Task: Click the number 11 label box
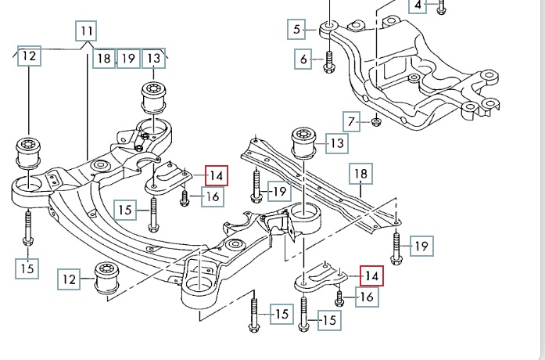click(x=86, y=33)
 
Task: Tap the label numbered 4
click(x=418, y=5)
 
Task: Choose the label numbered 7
click(x=352, y=121)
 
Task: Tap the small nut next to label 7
click(x=376, y=121)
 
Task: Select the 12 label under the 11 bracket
click(x=29, y=56)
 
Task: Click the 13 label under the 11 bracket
click(x=153, y=57)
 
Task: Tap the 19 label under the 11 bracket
click(x=128, y=57)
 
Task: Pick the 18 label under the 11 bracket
click(x=103, y=57)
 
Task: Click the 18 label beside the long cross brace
click(x=360, y=174)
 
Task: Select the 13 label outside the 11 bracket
click(x=336, y=144)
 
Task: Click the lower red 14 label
click(x=371, y=276)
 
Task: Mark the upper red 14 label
click(x=216, y=176)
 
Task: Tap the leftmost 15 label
click(x=27, y=268)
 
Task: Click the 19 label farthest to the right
click(x=421, y=247)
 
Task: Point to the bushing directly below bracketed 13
click(x=153, y=97)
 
